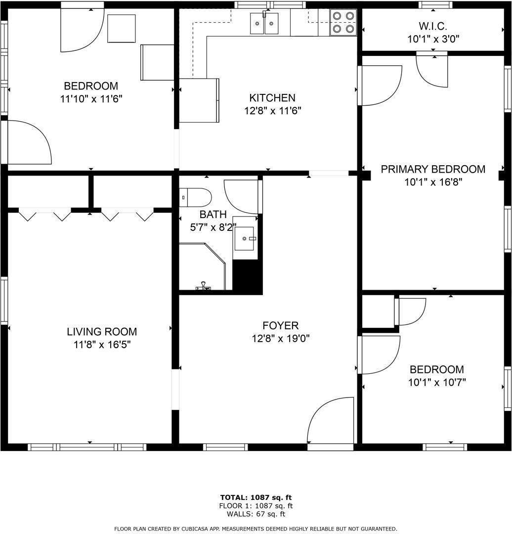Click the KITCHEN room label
coord(272,98)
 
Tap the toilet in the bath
coord(196,197)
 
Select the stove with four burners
coord(343,22)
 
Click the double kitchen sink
coord(264,23)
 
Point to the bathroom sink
coord(245,240)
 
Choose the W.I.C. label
coord(433,26)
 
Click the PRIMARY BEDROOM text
coord(433,169)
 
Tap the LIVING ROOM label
coord(102,332)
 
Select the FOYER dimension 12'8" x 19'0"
coord(280,339)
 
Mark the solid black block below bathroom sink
coord(247,277)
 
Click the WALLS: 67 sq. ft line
coord(256,514)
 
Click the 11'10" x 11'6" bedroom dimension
coord(91,98)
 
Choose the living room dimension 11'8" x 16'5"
coord(102,345)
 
